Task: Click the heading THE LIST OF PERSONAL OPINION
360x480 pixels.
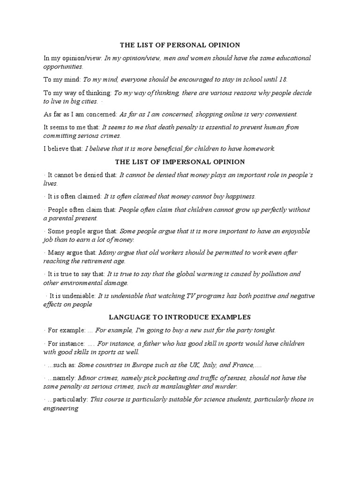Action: coord(180,45)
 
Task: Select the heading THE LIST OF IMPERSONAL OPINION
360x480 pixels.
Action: coord(180,162)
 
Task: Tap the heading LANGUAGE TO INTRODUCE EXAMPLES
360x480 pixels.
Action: coord(180,317)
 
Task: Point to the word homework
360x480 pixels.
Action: coord(258,149)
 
